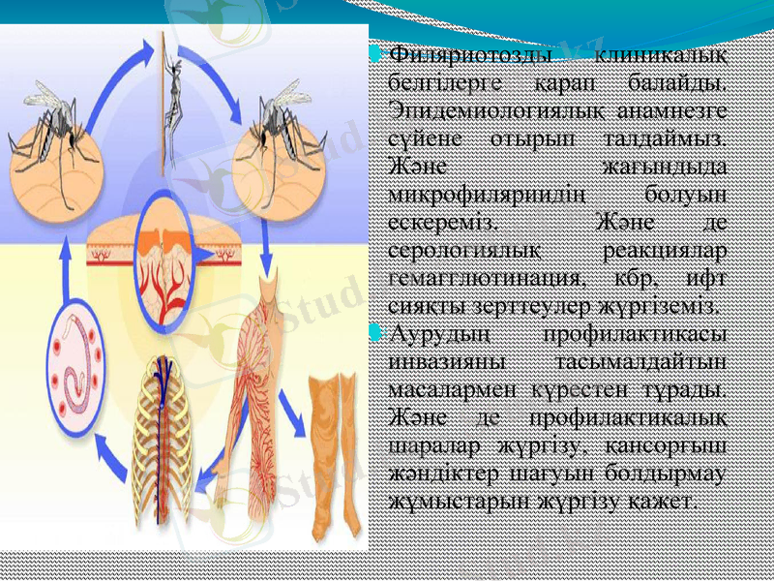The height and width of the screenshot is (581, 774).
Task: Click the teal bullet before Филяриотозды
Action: tap(376, 48)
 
